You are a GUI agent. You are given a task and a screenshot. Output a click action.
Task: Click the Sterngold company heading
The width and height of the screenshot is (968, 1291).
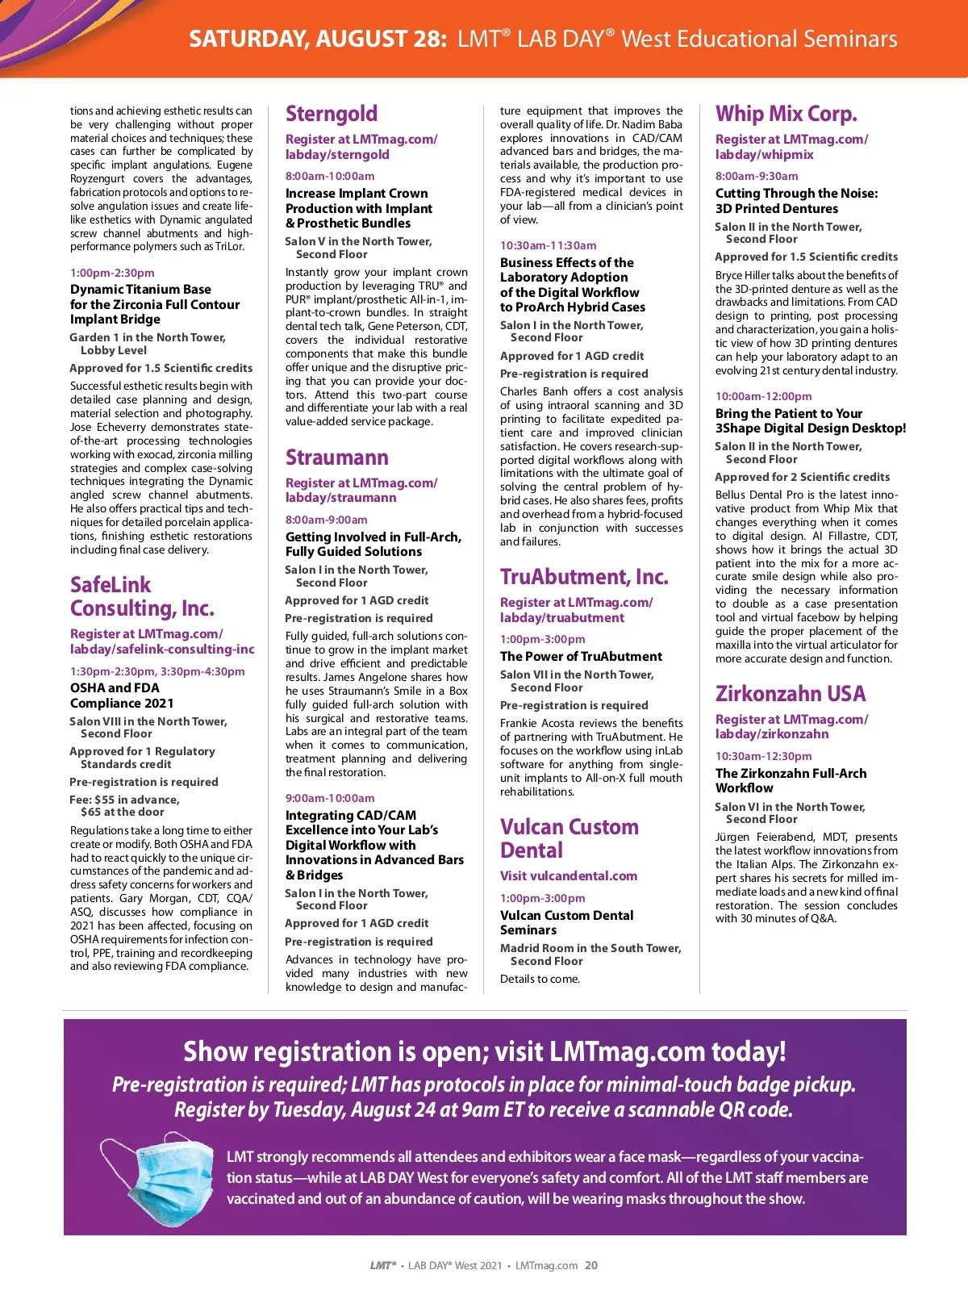(x=332, y=114)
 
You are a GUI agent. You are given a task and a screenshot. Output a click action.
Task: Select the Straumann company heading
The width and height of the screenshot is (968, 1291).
(x=337, y=457)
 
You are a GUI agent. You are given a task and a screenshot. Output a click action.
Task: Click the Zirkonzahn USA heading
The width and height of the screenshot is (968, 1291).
(x=791, y=694)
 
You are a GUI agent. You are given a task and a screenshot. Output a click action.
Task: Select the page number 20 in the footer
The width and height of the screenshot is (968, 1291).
(x=591, y=1265)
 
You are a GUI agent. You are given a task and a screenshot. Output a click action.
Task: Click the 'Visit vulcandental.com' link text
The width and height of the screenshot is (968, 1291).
(x=569, y=875)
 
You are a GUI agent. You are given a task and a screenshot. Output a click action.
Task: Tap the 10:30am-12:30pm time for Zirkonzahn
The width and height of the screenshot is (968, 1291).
(x=764, y=756)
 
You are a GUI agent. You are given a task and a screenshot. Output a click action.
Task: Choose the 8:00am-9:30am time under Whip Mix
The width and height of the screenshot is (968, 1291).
(x=757, y=176)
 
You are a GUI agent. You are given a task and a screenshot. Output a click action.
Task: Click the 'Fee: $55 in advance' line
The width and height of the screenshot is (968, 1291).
(x=125, y=800)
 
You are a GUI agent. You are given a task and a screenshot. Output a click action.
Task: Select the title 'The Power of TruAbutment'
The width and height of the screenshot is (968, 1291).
(x=581, y=657)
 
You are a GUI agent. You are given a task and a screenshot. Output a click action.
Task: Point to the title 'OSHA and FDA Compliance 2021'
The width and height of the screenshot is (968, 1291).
(x=122, y=696)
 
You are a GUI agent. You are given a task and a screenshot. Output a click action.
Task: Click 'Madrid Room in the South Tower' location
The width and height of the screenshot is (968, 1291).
(x=590, y=948)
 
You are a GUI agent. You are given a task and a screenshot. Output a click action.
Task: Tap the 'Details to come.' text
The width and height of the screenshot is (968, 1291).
(x=540, y=979)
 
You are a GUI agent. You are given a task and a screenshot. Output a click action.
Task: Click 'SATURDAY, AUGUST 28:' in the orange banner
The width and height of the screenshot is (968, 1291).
(x=318, y=39)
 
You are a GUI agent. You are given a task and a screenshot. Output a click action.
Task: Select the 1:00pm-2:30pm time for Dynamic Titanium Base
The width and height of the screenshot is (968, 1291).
(x=112, y=273)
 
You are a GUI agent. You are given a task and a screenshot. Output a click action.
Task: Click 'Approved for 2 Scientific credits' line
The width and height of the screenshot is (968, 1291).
(x=803, y=477)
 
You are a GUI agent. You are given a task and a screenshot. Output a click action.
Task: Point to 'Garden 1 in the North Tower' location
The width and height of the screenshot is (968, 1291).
(x=148, y=337)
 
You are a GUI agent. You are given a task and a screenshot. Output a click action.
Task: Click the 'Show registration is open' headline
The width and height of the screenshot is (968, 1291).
(x=484, y=1051)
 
